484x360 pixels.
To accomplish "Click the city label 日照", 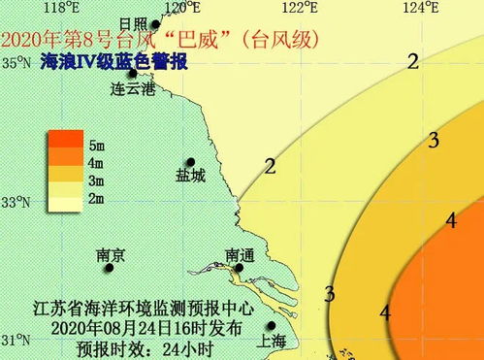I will point(132,23).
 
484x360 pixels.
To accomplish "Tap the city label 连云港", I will point(133,89).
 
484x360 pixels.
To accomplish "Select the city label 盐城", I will point(190,177).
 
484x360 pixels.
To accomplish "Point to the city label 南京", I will point(111,255).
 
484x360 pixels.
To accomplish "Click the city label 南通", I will point(240,255).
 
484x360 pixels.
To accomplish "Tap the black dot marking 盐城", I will point(191,162).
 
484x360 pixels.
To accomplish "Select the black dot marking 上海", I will point(273,326).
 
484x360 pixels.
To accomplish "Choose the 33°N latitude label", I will point(17,203).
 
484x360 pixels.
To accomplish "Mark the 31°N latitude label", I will point(17,341).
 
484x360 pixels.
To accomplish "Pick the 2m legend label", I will point(97,198).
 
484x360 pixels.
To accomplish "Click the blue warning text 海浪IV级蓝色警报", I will point(114,63).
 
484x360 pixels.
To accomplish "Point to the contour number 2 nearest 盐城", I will point(270,166).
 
